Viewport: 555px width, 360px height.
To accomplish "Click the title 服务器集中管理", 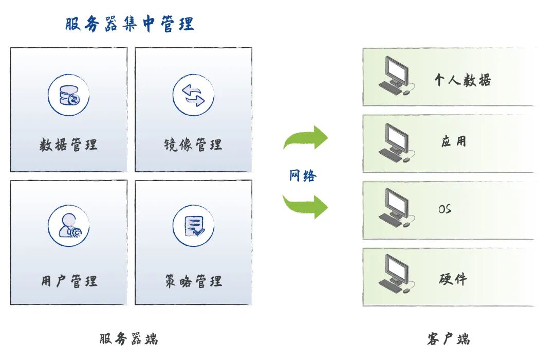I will click(x=129, y=24).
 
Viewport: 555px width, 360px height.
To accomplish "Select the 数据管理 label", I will click(x=68, y=145).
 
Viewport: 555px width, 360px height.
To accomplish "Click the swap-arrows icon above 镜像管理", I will click(x=193, y=95).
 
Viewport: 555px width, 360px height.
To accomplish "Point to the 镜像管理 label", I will click(x=193, y=145).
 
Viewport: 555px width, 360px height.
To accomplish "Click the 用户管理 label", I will click(x=69, y=281).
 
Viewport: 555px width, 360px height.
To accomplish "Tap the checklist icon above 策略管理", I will click(x=193, y=226).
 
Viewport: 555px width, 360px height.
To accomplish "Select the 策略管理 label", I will click(x=193, y=281).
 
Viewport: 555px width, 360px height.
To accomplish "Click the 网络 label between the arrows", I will click(x=303, y=176).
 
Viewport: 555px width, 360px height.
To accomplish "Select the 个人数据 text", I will click(x=462, y=80).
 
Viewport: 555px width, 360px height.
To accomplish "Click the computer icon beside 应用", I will click(x=395, y=143).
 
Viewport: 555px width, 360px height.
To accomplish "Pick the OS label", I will click(x=445, y=209).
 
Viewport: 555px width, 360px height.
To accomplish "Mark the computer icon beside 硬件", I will click(x=395, y=276).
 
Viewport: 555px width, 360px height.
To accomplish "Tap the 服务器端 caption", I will click(x=128, y=339).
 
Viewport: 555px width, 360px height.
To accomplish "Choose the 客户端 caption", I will click(x=448, y=339).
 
